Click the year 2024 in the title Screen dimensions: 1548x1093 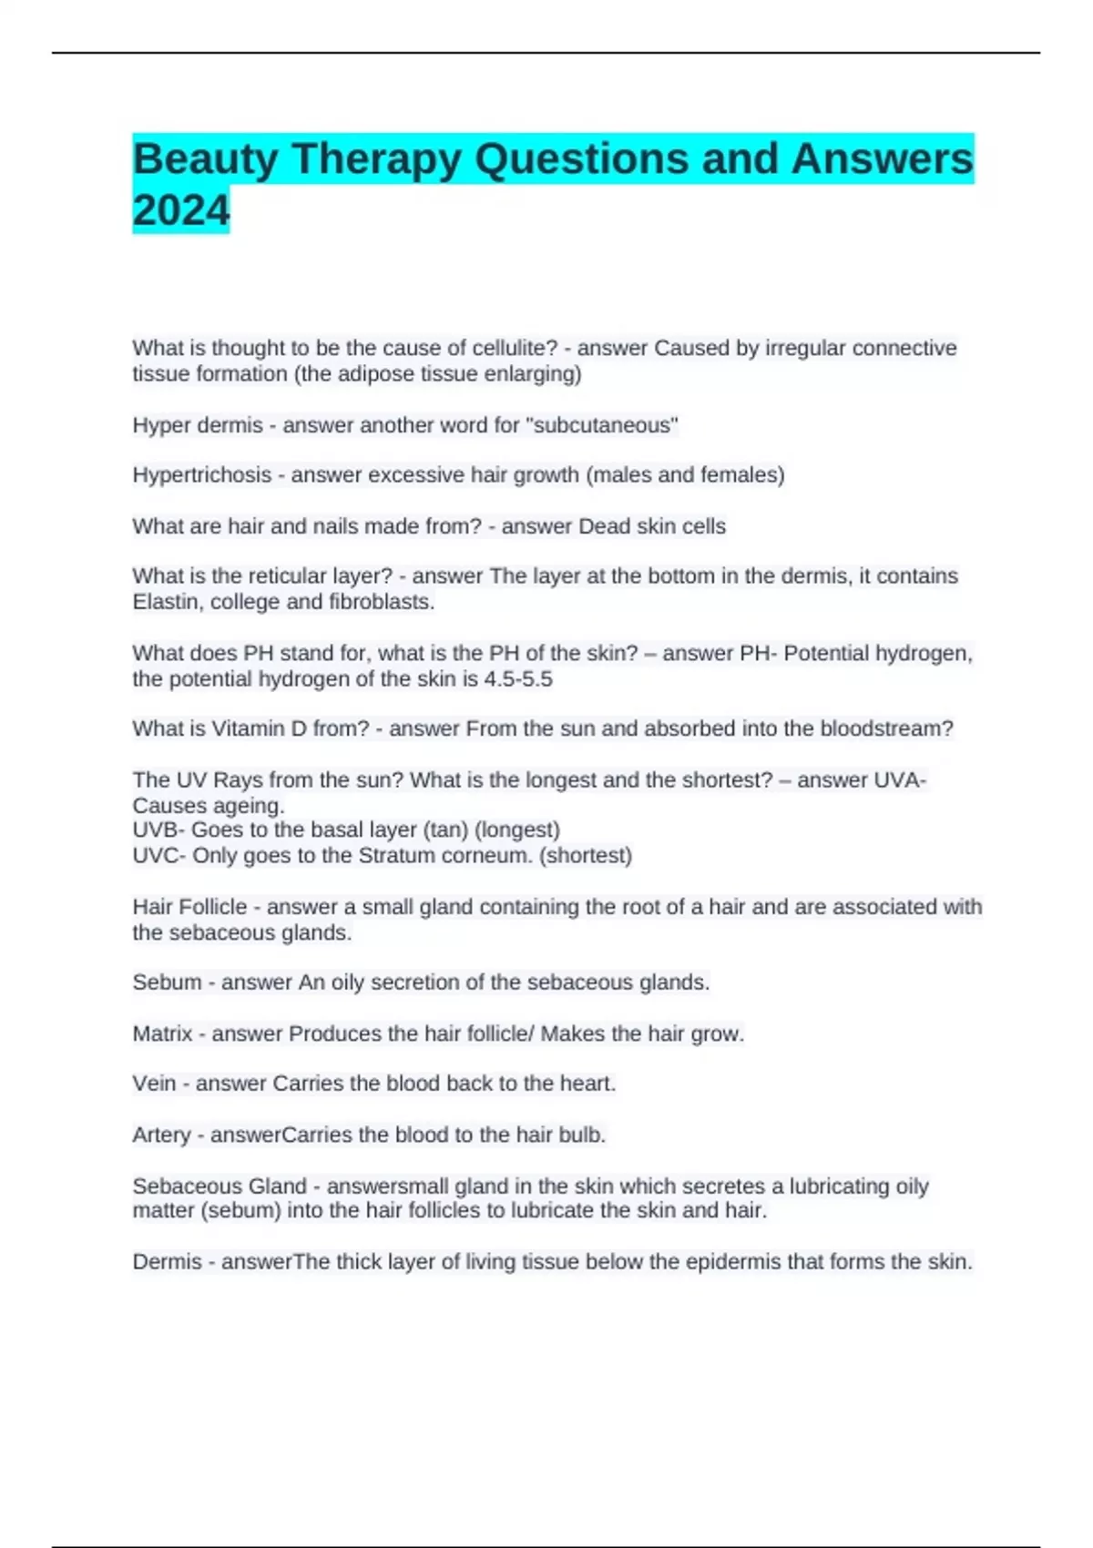(x=181, y=210)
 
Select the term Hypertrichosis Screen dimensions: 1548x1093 (x=202, y=474)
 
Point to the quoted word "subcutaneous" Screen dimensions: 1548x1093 (x=602, y=425)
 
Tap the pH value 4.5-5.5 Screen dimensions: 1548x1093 (x=517, y=679)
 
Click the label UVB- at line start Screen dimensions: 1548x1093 (x=158, y=830)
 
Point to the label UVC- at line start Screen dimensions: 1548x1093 (x=159, y=855)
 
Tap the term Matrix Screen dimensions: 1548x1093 (x=162, y=1034)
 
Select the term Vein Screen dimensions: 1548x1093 (x=154, y=1083)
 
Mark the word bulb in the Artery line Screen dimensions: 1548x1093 (x=584, y=1135)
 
